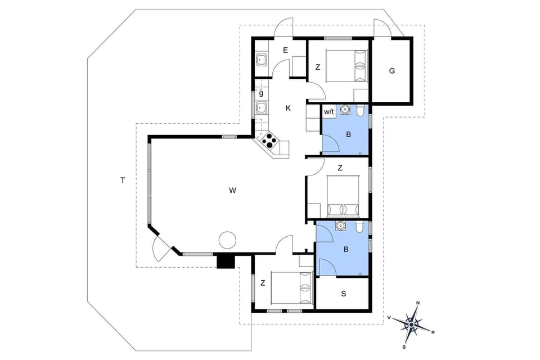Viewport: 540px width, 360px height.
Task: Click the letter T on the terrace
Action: pos(122,180)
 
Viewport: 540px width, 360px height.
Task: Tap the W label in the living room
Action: pos(232,191)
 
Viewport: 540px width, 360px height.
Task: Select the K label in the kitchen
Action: pos(288,108)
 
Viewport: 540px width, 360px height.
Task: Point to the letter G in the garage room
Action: pos(392,71)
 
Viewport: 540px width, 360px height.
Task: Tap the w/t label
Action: pos(329,112)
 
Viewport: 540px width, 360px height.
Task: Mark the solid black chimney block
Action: pos(226,262)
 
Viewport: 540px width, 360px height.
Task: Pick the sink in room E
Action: pos(262,60)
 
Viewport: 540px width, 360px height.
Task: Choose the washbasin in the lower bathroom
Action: pos(339,226)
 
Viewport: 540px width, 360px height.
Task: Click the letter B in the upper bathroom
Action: pos(348,134)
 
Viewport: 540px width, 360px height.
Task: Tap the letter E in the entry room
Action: pos(285,50)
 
